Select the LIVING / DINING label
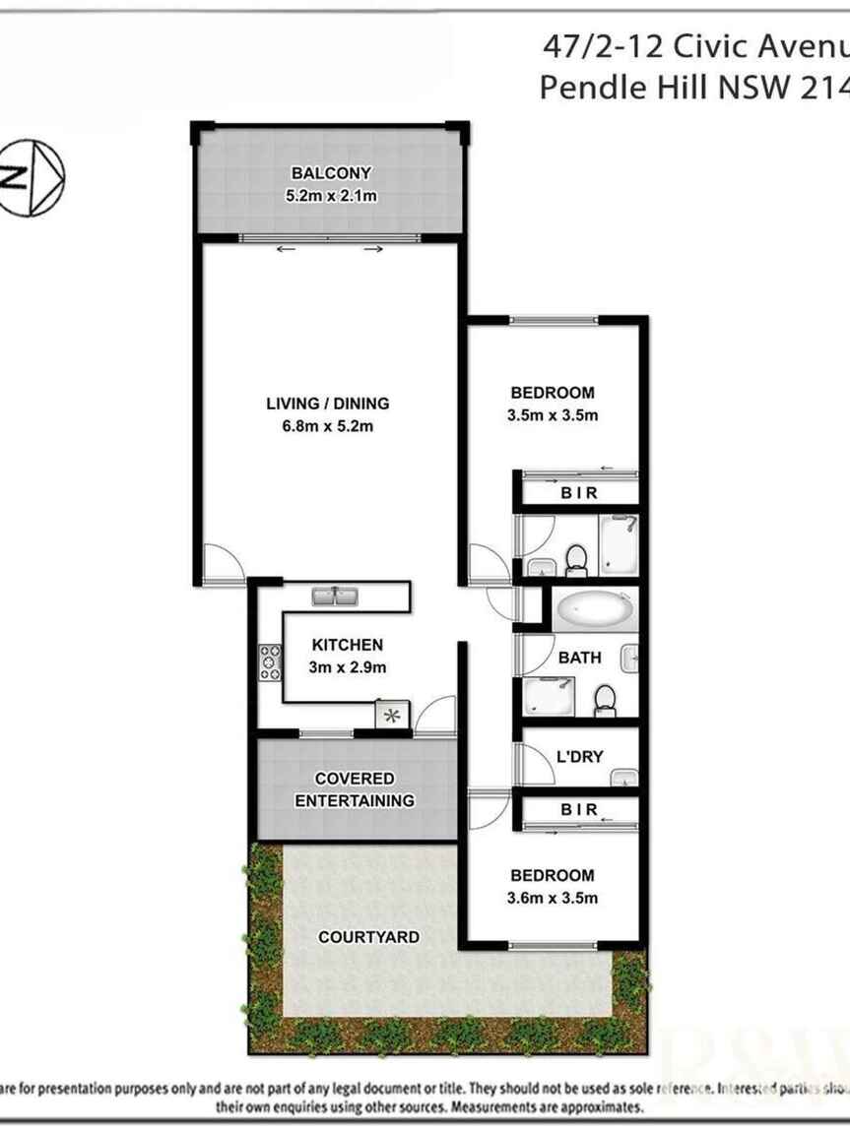coord(328,403)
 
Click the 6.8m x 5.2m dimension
coord(328,426)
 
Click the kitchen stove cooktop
coord(269,661)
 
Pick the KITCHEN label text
coord(348,645)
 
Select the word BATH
coord(579,658)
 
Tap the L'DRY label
coord(580,757)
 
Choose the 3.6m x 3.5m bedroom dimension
coord(553,898)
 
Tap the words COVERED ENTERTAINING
coord(355,789)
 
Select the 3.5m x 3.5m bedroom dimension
coord(553,415)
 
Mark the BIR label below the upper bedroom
coord(579,493)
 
